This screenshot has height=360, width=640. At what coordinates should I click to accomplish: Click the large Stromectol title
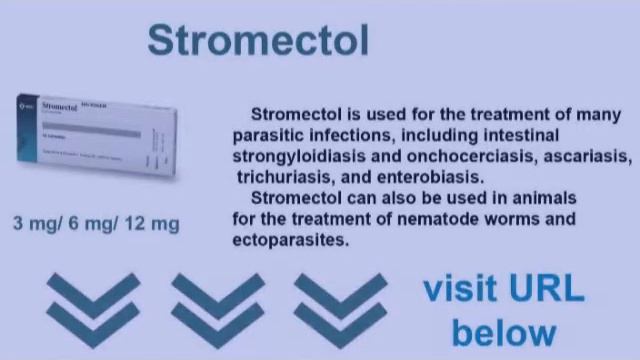258,40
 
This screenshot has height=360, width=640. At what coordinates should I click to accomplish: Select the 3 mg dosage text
36,223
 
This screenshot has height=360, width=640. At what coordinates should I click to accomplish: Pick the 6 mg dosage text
92,223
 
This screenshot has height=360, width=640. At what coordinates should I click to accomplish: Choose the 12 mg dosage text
152,223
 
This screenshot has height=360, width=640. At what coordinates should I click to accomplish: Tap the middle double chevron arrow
217,305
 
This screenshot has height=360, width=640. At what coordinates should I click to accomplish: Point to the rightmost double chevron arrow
340,305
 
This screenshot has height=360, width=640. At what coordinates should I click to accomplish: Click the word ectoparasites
289,240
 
